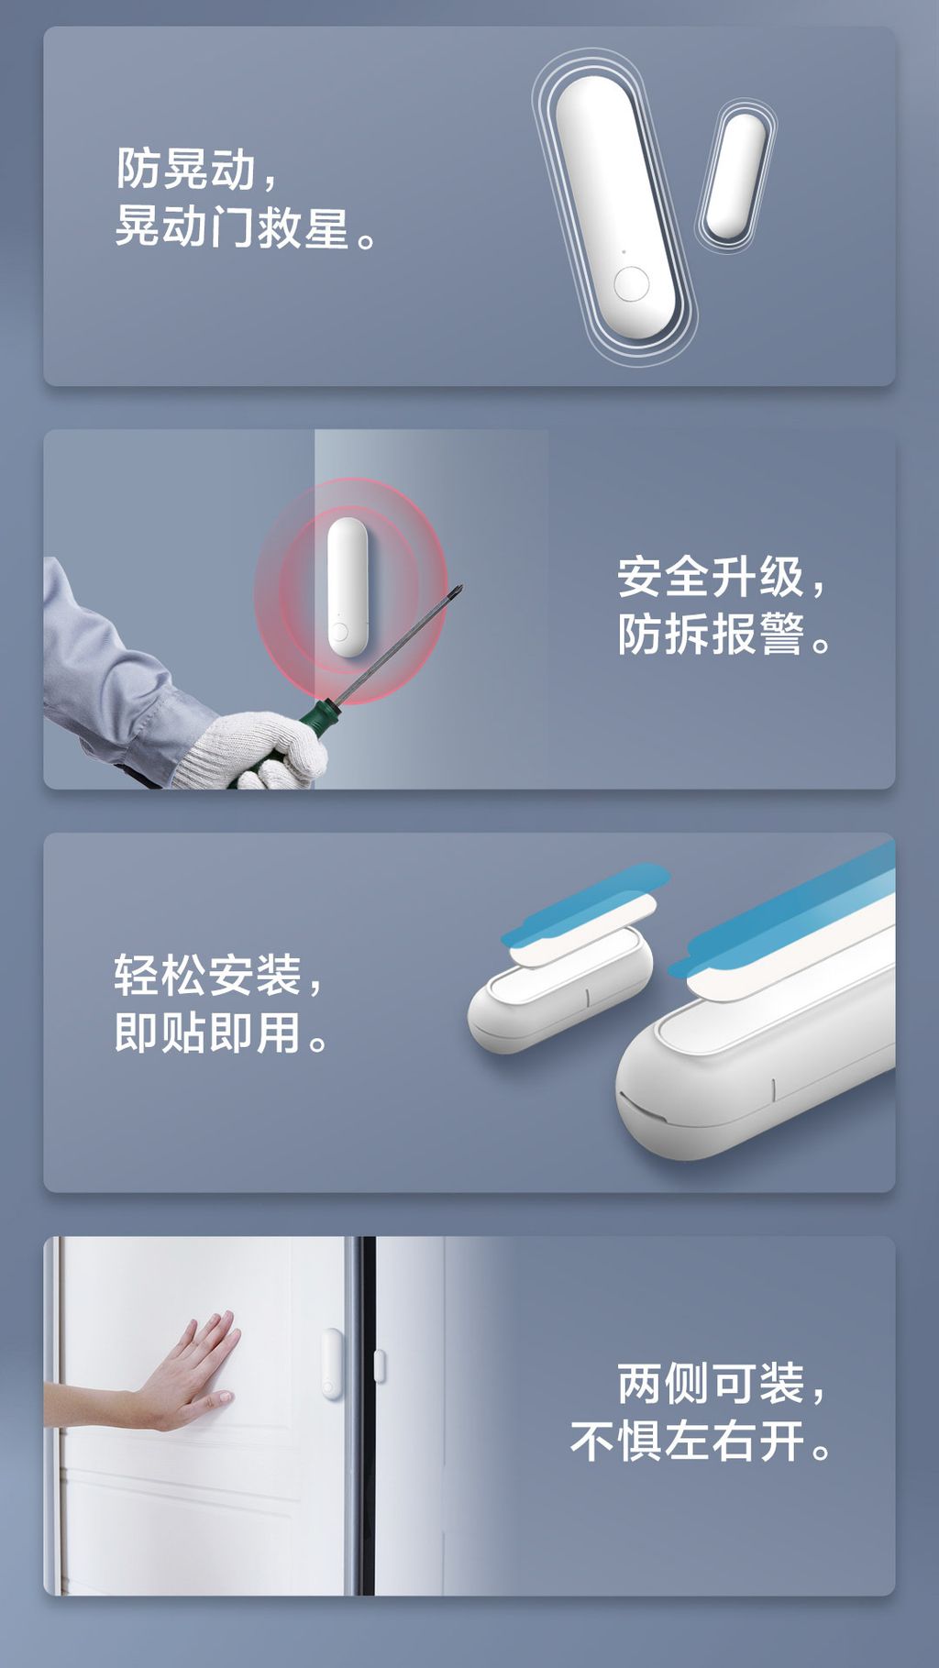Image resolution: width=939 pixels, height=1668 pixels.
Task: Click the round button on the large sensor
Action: [x=631, y=283]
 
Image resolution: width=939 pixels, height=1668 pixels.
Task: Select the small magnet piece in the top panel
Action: [x=735, y=175]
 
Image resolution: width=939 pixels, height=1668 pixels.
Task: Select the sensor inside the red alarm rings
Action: [x=348, y=587]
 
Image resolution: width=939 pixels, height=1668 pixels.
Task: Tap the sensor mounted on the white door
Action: [x=331, y=1364]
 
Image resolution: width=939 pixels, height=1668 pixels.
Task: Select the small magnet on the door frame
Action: [x=380, y=1365]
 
